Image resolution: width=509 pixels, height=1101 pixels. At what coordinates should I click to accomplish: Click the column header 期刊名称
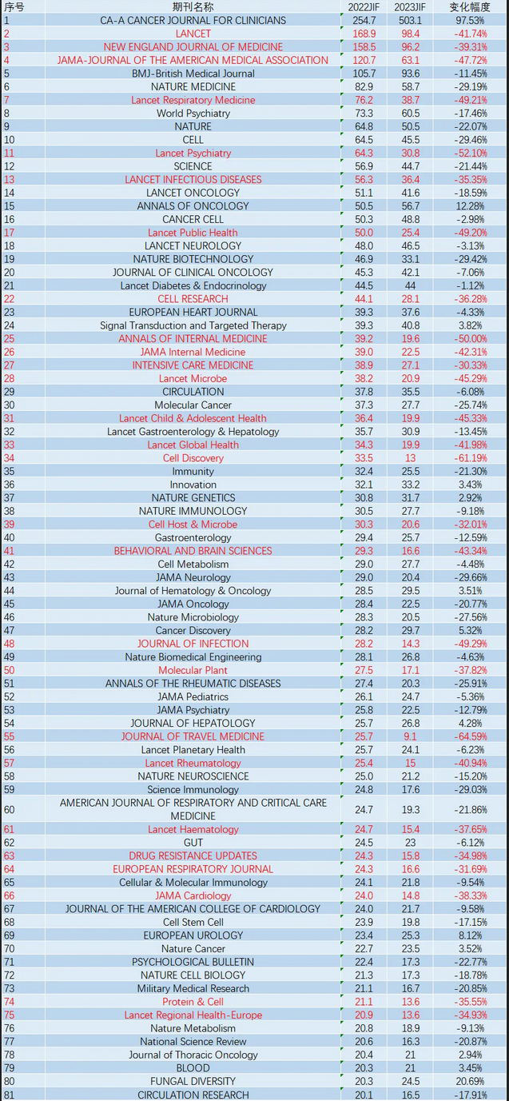click(193, 6)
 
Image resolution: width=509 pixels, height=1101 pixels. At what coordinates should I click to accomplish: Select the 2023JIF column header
click(410, 6)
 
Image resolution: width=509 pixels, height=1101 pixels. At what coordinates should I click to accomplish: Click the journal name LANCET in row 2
click(193, 34)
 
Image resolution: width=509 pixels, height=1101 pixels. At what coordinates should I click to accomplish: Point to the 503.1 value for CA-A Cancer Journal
click(410, 20)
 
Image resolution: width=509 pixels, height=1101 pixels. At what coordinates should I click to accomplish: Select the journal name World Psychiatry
click(193, 114)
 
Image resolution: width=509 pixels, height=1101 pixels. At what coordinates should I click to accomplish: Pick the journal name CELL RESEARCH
click(193, 299)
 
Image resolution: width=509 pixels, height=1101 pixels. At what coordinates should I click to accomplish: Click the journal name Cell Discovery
click(193, 458)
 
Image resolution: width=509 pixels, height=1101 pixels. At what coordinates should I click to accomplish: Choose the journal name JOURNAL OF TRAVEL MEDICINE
click(193, 736)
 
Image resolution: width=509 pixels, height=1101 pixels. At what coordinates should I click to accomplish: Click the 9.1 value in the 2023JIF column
click(410, 736)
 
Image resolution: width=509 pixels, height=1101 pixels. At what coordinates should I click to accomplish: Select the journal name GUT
click(193, 843)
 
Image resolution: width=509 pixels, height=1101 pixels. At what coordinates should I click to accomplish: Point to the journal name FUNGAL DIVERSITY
click(193, 1082)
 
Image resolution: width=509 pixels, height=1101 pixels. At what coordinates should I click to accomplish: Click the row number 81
click(9, 1095)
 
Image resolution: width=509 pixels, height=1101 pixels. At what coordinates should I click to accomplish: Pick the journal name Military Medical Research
click(193, 989)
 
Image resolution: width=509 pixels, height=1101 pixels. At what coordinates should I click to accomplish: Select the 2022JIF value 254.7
click(364, 20)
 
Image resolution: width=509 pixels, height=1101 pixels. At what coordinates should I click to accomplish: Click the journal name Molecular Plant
click(193, 670)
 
